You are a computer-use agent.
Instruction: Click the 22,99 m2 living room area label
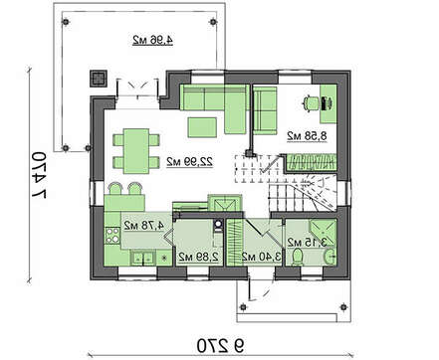tap(189, 161)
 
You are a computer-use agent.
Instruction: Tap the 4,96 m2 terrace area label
tap(153, 40)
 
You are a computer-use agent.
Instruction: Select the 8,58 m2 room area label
tap(307, 136)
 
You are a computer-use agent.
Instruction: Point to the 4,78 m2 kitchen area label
tap(144, 226)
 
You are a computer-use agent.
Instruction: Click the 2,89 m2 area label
tap(198, 257)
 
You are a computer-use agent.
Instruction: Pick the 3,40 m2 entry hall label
tap(261, 257)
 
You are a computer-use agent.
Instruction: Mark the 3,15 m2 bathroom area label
tap(307, 243)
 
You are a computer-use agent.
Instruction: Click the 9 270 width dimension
tap(220, 346)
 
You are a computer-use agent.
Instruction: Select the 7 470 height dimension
tap(39, 175)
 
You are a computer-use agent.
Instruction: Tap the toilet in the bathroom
tap(298, 258)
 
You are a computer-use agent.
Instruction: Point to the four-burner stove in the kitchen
tap(112, 236)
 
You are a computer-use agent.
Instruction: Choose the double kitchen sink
tap(142, 258)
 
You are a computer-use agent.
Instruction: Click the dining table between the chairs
tap(136, 151)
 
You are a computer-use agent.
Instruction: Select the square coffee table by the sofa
tap(202, 127)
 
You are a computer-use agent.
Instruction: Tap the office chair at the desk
tap(310, 102)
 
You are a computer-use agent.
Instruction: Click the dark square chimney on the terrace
tap(99, 79)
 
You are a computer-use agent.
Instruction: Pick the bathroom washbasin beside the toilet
tap(330, 257)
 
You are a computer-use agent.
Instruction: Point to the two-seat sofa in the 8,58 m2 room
tap(265, 110)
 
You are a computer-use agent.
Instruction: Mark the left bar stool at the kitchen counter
tap(114, 188)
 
